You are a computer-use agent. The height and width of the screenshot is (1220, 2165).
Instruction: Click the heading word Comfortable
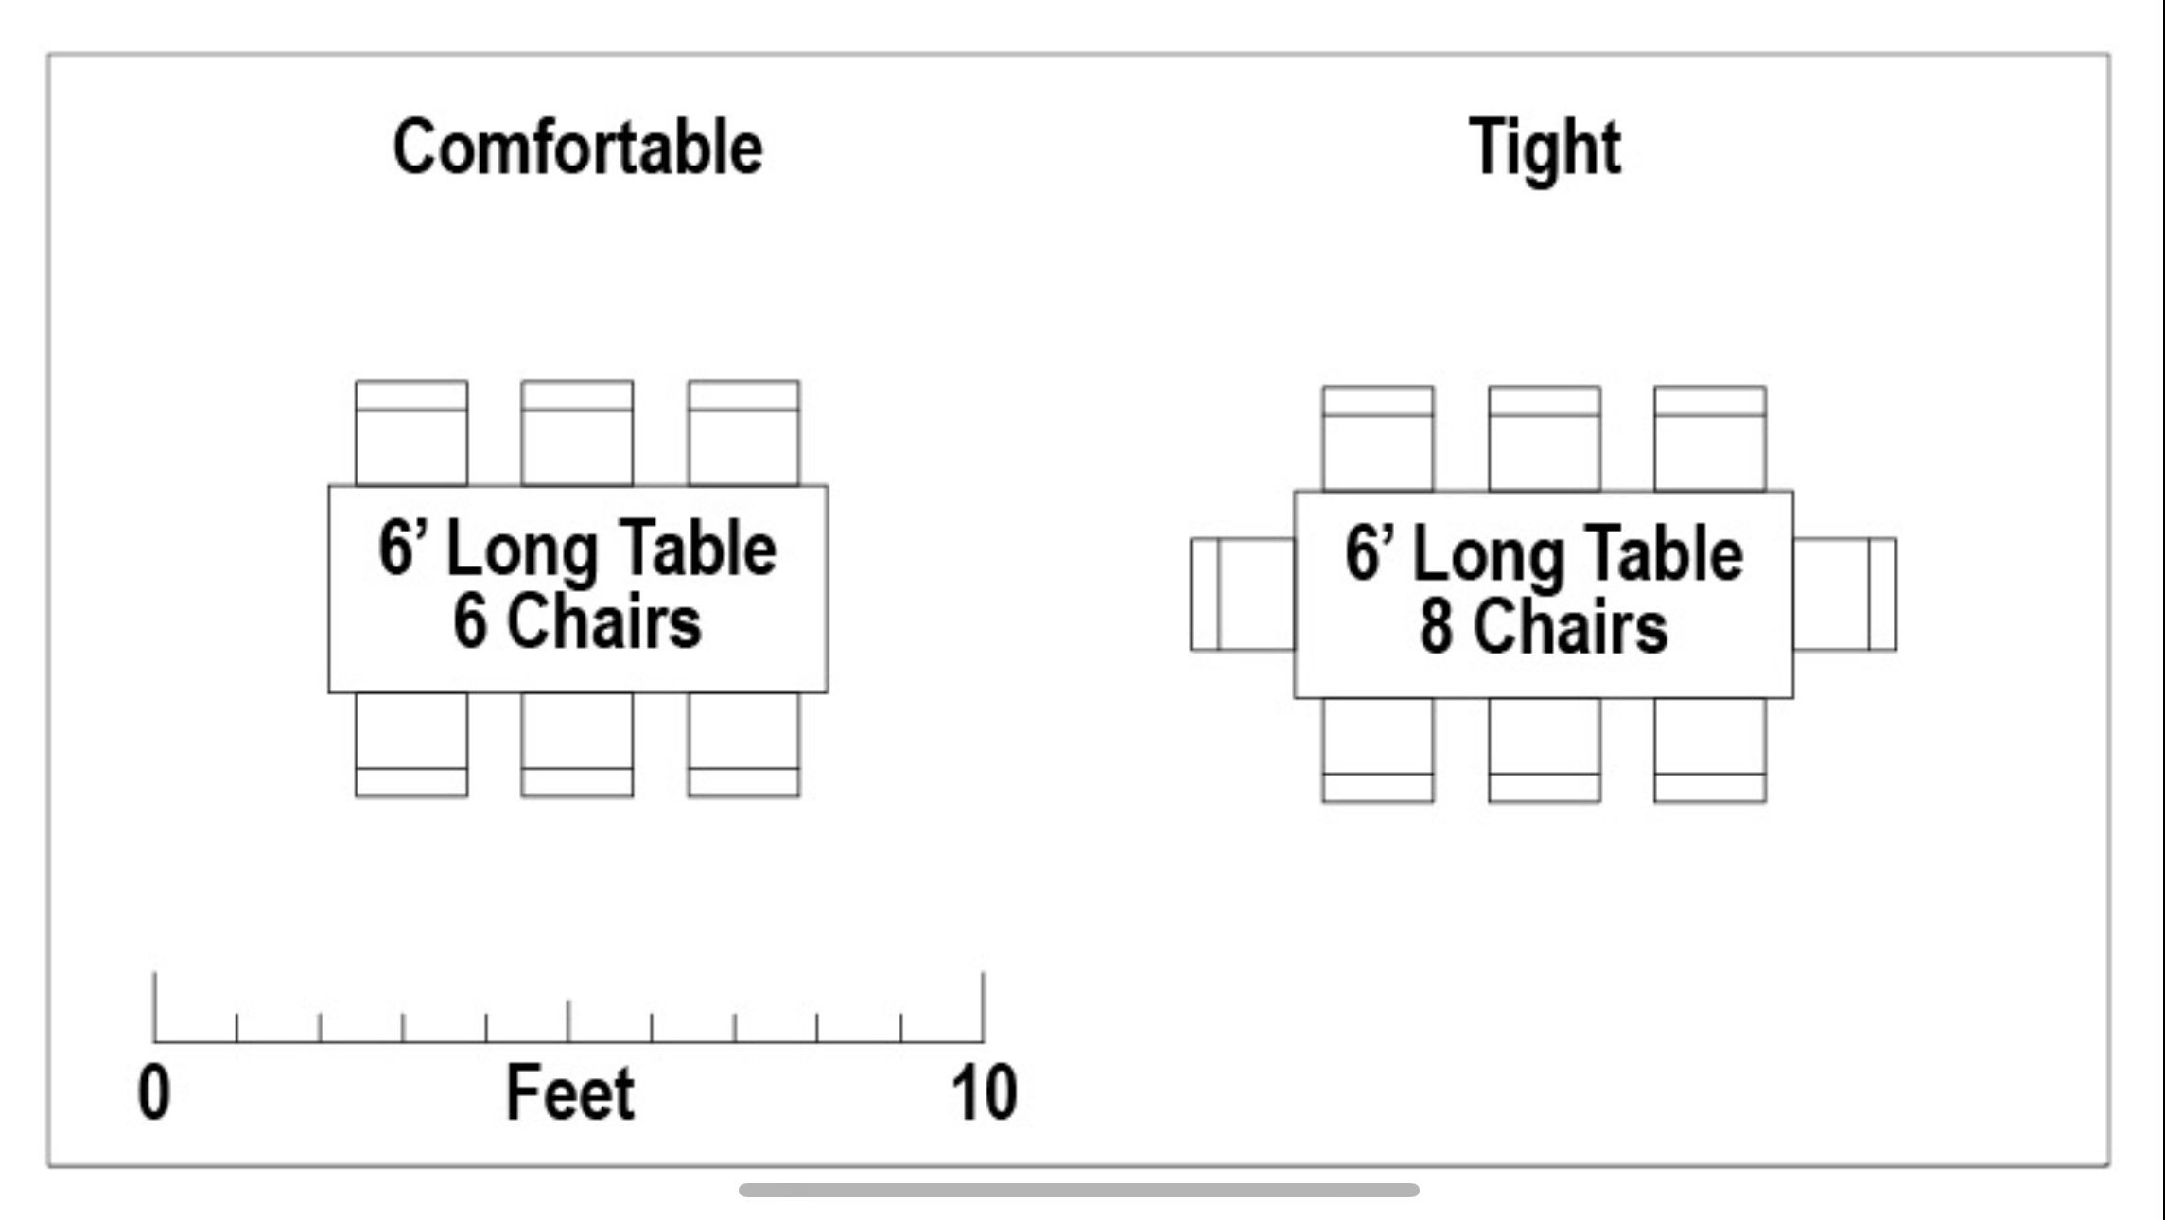tap(577, 148)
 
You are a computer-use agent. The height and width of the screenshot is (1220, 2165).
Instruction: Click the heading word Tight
tap(1545, 148)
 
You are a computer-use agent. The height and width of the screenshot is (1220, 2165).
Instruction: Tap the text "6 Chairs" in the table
tap(577, 621)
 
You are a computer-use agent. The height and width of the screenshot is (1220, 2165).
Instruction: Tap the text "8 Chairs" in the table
tap(1543, 627)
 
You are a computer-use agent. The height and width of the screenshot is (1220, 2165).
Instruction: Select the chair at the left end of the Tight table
tap(1242, 594)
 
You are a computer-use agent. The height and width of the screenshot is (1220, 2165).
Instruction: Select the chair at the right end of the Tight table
tap(1844, 594)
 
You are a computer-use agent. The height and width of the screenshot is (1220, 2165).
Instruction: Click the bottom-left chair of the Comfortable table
tap(411, 745)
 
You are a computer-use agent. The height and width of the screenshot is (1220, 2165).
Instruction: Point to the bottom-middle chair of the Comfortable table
tap(577, 745)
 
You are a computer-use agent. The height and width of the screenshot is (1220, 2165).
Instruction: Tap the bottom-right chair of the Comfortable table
tap(743, 745)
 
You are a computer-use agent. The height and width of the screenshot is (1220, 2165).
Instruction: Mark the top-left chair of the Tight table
tap(1378, 439)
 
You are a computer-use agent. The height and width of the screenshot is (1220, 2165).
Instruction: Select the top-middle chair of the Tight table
tap(1545, 439)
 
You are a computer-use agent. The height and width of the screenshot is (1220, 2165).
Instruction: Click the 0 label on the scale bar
tap(154, 1093)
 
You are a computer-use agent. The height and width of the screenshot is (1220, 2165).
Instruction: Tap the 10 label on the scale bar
tap(984, 1093)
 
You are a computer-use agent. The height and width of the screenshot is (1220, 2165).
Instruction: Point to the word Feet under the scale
tap(569, 1093)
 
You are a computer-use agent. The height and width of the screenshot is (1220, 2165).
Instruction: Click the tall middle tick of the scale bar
tap(568, 1021)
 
